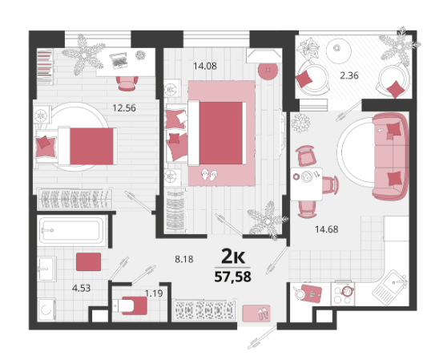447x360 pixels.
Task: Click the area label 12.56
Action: point(124,108)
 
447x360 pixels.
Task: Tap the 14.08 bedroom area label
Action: point(205,67)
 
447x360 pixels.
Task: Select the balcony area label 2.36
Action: point(349,75)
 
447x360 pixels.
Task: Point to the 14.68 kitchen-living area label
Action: point(327,229)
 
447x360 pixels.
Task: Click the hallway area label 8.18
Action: point(184,259)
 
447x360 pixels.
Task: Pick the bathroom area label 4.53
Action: point(81,288)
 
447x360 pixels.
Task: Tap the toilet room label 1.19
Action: point(154,293)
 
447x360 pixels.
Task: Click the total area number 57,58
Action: point(232,277)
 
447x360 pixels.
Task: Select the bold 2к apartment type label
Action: point(233,257)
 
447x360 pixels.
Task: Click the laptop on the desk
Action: point(119,60)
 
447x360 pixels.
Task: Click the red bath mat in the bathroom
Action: point(89,261)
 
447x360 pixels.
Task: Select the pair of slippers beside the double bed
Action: point(210,175)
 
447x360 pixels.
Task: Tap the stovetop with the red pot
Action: point(343,293)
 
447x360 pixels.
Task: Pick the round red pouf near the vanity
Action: point(268,71)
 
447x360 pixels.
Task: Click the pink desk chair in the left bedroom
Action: point(127,83)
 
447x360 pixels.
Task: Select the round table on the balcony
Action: point(338,51)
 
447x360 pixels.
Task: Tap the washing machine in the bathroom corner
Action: point(46,309)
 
